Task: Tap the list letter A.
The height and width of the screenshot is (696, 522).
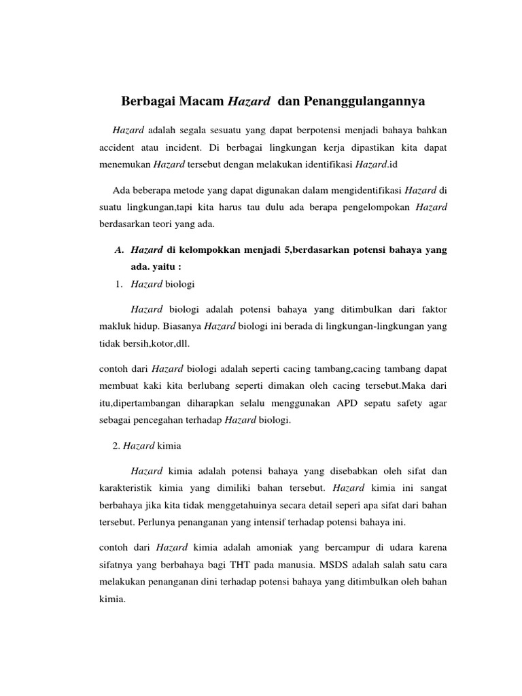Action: pyautogui.click(x=119, y=250)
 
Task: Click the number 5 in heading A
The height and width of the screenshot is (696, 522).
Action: pyautogui.click(x=288, y=250)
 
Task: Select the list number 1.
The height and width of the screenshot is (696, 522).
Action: pyautogui.click(x=118, y=283)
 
